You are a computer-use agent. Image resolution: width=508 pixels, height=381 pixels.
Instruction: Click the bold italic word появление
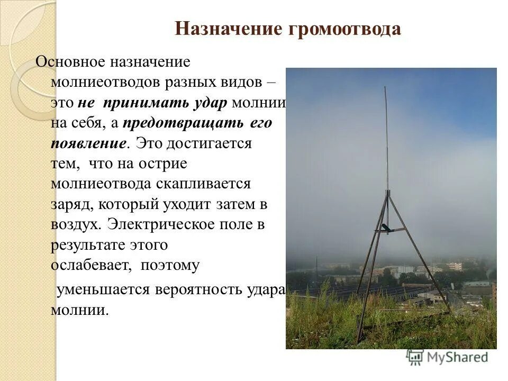(x=89, y=144)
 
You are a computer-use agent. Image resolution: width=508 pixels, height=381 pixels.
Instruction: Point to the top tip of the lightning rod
(x=385, y=88)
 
